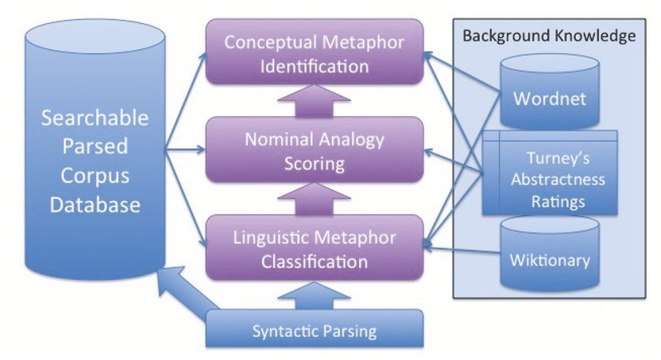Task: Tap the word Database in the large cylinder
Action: [x=93, y=204]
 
